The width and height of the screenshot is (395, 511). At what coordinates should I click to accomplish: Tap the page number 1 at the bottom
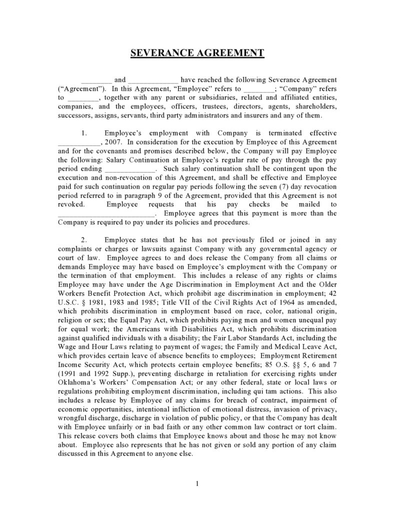(197, 483)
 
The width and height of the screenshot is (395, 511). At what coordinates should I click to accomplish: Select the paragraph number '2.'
(84, 240)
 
